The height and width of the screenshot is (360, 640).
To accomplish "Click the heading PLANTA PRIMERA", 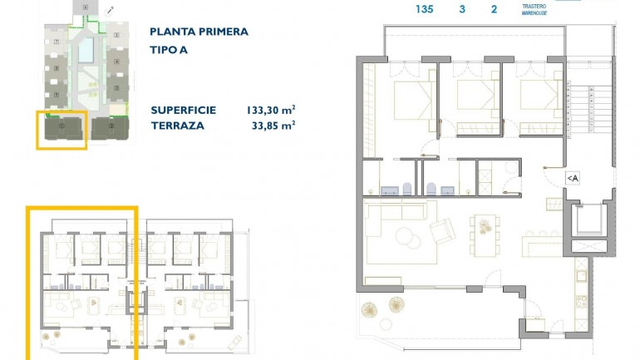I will (x=199, y=32).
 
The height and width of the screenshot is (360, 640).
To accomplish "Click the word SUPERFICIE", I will (x=184, y=110).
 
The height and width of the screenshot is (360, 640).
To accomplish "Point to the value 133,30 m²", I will (x=272, y=110).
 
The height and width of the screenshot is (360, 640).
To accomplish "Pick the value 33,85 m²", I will (x=274, y=126).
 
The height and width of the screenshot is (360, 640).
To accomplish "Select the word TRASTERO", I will (x=533, y=7).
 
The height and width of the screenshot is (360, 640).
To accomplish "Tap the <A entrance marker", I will (x=573, y=177).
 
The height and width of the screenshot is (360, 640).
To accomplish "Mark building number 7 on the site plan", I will (x=56, y=41).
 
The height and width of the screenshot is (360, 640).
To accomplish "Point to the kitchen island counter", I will (x=544, y=242).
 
